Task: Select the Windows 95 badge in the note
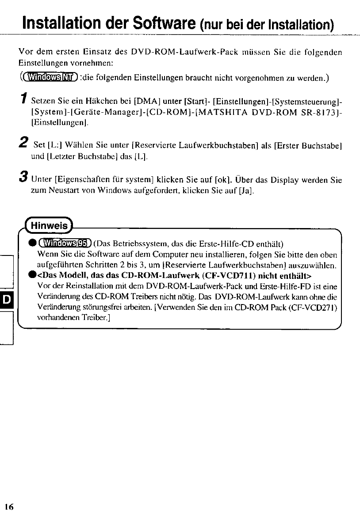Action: click(65, 243)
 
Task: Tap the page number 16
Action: click(10, 507)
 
